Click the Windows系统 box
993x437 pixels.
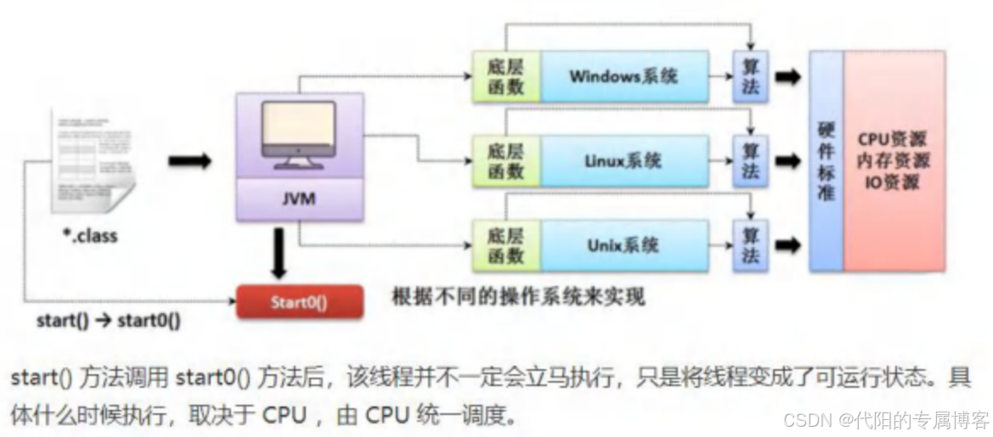623,76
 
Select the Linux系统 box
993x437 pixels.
623,160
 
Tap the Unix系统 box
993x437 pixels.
623,246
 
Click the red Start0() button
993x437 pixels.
299,301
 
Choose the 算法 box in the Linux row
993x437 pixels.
750,160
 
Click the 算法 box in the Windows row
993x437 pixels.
750,76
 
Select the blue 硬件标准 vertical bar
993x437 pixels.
826,161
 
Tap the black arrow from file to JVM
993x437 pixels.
189,161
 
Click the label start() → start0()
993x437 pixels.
108,322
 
